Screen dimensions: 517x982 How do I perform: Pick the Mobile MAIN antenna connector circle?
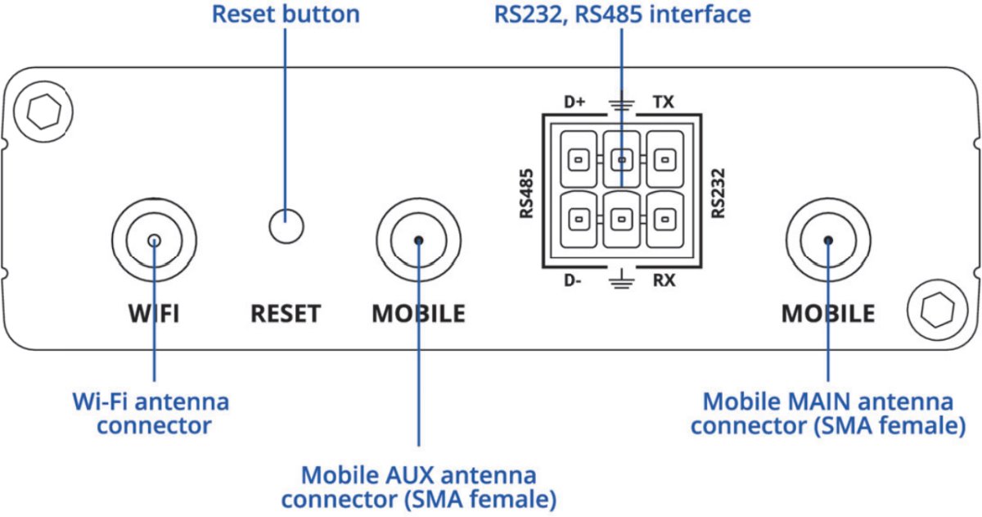click(828, 240)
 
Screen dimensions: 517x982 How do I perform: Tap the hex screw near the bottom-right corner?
click(933, 310)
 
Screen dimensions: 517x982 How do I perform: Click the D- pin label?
click(573, 281)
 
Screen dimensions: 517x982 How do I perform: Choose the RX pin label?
click(664, 281)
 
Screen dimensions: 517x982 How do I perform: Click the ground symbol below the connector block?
click(621, 279)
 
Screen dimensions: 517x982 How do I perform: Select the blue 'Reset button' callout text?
click(286, 15)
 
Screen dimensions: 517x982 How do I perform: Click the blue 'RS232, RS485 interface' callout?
click(622, 15)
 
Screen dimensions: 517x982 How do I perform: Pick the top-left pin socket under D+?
click(579, 158)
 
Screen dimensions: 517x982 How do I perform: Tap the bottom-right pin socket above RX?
click(664, 219)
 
